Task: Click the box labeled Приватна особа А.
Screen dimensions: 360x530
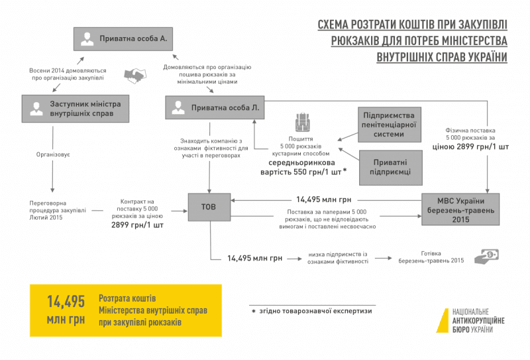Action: (123, 39)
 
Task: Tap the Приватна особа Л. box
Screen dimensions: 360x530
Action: (215, 107)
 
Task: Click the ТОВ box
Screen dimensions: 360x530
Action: (210, 206)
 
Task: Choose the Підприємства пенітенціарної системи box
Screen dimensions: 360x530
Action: (389, 124)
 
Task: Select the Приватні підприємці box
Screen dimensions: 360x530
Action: (389, 166)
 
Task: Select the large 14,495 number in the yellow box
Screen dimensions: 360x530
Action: (66, 302)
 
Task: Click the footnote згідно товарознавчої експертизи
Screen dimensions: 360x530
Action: (311, 310)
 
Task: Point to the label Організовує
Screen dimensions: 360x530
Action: (53, 154)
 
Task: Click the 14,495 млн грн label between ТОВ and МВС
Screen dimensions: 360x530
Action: (323, 198)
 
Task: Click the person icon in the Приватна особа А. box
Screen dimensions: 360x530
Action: (87, 39)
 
